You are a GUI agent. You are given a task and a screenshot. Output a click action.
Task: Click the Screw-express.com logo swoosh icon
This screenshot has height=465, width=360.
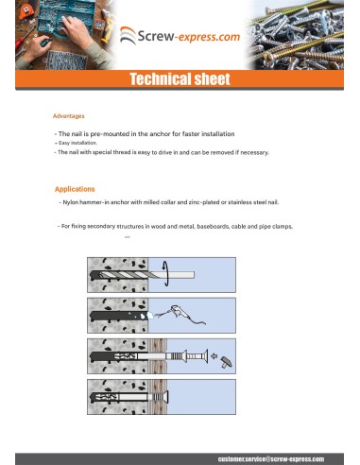(x=128, y=35)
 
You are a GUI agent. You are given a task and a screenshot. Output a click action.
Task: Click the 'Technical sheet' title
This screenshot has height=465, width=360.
(x=180, y=78)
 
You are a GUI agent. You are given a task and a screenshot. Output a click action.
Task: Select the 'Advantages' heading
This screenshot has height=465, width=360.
(x=69, y=116)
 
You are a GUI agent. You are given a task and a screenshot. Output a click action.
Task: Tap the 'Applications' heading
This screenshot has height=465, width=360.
(x=75, y=189)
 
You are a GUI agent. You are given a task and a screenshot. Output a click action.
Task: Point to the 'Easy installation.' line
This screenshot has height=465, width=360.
(x=77, y=143)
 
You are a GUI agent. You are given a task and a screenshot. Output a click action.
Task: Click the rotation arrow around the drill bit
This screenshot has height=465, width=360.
(x=165, y=273)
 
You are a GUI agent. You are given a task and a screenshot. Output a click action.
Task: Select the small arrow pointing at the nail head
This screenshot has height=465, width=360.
(x=214, y=356)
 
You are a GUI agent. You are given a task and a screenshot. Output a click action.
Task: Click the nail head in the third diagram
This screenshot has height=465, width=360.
(x=206, y=356)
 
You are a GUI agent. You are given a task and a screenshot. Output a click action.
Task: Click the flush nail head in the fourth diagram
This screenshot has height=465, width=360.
(x=166, y=397)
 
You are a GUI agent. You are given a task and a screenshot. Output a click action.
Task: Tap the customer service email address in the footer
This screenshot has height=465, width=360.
(x=271, y=459)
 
